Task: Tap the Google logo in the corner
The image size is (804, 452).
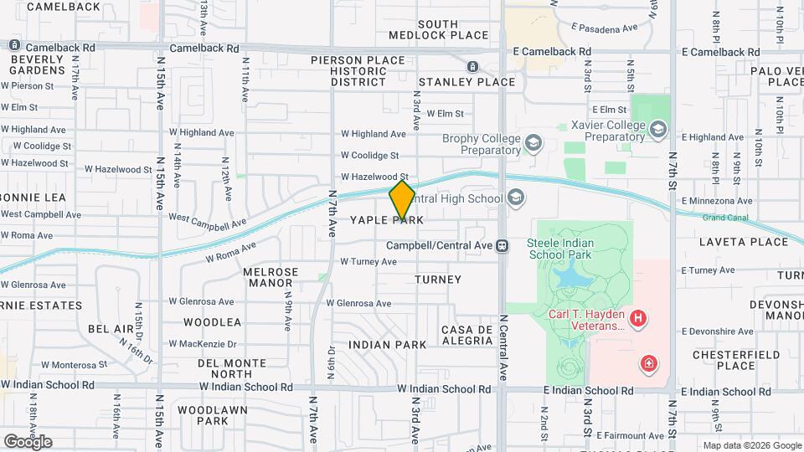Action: coord(28,441)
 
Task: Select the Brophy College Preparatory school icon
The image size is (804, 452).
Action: coord(533,144)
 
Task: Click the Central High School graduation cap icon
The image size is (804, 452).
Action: coord(516,198)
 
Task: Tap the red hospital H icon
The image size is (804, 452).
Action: coord(638,318)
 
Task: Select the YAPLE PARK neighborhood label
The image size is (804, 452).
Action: coord(386,220)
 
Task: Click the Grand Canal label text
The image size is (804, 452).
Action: coord(725,218)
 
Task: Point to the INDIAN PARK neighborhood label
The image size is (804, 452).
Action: coord(388,344)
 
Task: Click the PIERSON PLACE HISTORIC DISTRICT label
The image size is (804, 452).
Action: coord(358,71)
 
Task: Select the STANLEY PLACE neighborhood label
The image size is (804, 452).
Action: coord(466,82)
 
